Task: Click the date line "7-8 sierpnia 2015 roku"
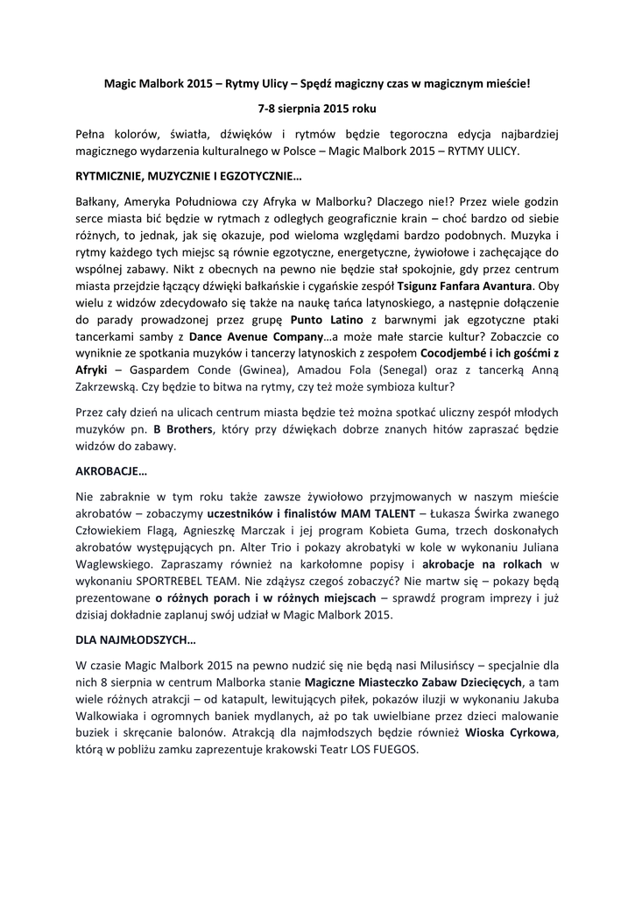pos(316,110)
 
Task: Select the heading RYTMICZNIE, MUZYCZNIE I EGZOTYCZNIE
pos(188,176)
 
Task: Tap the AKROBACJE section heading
pos(112,470)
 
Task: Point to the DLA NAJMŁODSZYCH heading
pos(136,639)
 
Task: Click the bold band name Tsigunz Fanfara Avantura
pos(465,286)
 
